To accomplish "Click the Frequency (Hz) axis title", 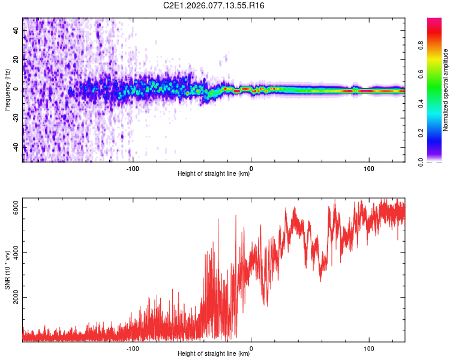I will click(7, 90).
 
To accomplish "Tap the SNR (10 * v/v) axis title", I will click(7, 269).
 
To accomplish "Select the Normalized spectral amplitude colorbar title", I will click(446, 90).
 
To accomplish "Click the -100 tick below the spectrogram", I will click(133, 167).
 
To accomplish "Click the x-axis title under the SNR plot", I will click(214, 354).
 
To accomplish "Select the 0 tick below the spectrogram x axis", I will click(251, 167).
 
